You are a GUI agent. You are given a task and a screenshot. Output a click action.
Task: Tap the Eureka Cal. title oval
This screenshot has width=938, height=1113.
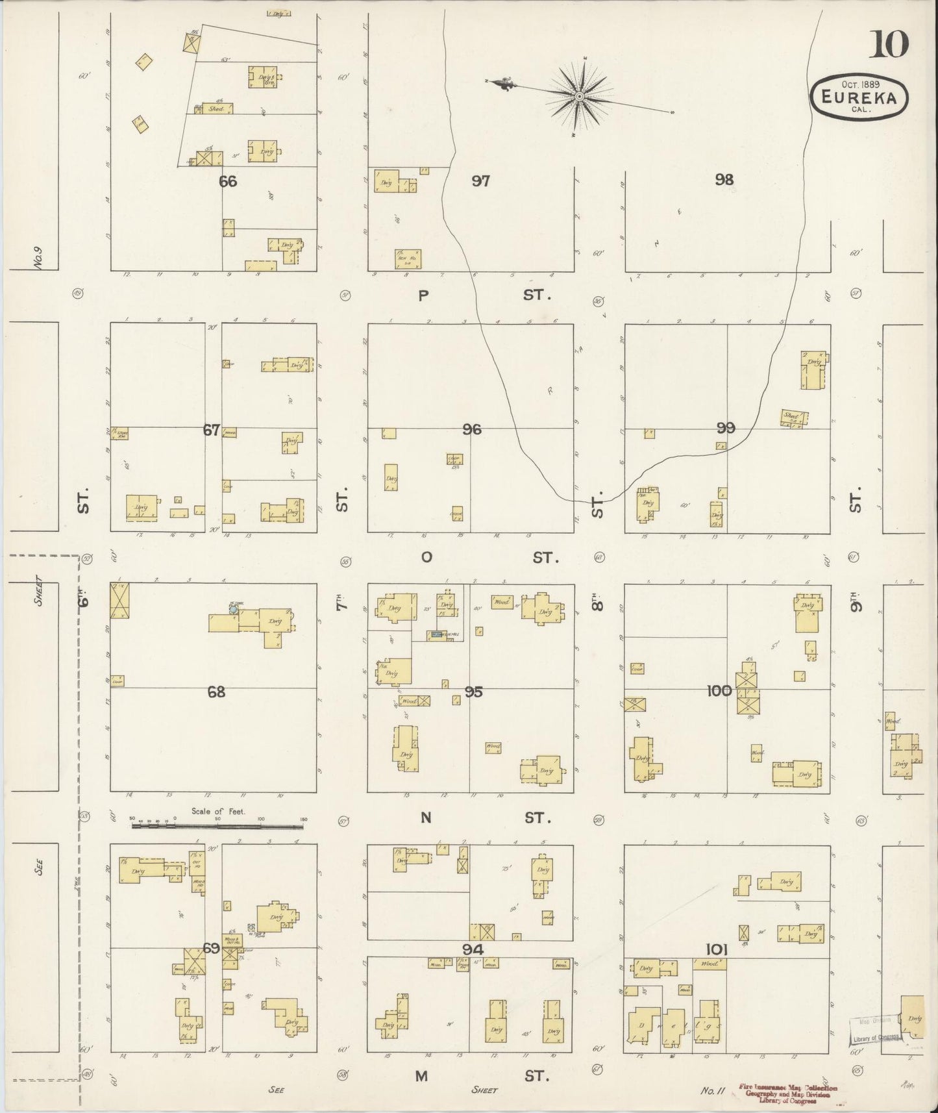(859, 97)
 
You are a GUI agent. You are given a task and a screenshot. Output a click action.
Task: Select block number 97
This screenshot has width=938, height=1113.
(480, 181)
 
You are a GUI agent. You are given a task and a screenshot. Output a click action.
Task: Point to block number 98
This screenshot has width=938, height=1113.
(724, 180)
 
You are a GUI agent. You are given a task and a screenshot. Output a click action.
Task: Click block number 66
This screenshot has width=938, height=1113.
(227, 182)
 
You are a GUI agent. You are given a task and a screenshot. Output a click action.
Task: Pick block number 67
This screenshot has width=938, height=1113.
(212, 429)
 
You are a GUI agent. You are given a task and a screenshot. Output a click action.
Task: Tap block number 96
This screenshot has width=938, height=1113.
(472, 429)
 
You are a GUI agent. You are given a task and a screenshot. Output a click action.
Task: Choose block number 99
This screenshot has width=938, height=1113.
(726, 428)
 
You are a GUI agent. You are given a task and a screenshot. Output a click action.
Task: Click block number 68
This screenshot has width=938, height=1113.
(216, 692)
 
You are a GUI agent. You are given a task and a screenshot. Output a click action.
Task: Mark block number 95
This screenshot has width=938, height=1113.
(474, 692)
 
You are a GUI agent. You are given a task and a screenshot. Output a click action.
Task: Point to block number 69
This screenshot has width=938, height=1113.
(211, 949)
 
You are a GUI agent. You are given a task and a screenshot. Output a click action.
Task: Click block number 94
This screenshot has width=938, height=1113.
(473, 949)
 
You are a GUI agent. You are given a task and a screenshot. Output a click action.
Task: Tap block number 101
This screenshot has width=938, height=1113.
(717, 949)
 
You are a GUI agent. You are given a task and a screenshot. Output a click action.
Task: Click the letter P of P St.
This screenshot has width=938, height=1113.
(423, 296)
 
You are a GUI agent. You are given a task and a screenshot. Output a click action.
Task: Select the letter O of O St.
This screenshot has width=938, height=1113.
(426, 558)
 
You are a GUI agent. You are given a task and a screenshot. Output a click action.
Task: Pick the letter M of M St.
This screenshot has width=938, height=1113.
(422, 1076)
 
